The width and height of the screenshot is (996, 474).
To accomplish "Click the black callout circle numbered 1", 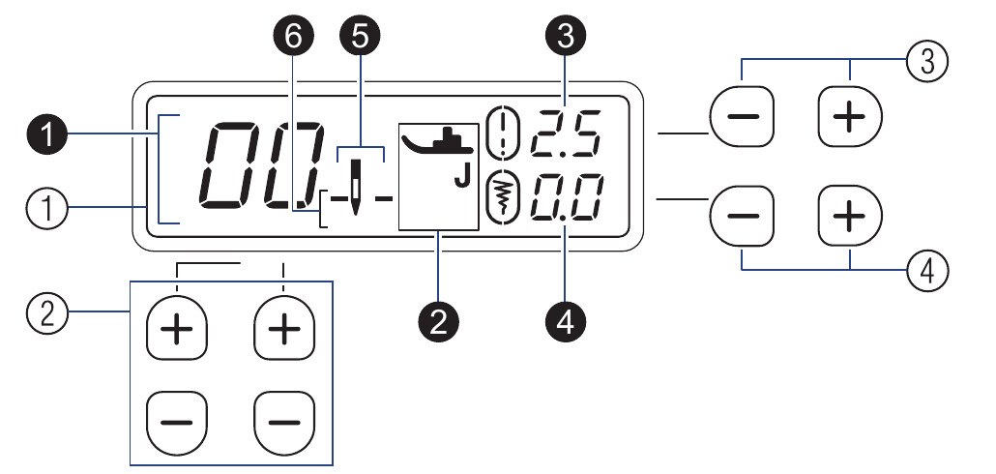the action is (x=47, y=136).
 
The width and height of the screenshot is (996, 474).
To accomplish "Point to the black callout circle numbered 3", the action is (x=565, y=36).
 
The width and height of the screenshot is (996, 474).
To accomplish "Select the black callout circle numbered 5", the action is (x=360, y=36).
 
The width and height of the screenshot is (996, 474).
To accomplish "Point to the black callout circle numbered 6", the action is (x=293, y=36).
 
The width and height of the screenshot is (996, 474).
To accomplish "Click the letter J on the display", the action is (x=461, y=179).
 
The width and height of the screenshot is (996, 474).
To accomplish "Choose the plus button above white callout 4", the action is (x=850, y=215).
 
